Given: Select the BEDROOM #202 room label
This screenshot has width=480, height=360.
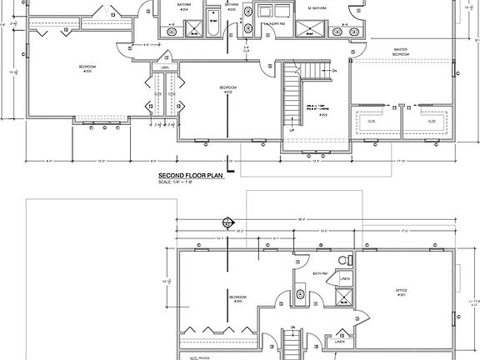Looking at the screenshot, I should pyautogui.click(x=227, y=89).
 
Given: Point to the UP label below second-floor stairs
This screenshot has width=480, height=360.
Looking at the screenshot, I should pyautogui.click(x=292, y=131).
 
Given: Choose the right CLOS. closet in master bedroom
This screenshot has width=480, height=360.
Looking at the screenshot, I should pyautogui.click(x=432, y=122).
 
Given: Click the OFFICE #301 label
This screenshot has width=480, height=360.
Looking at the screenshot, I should pyautogui.click(x=400, y=292).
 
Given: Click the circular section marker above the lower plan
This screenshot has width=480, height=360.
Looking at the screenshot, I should pyautogui.click(x=224, y=222).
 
